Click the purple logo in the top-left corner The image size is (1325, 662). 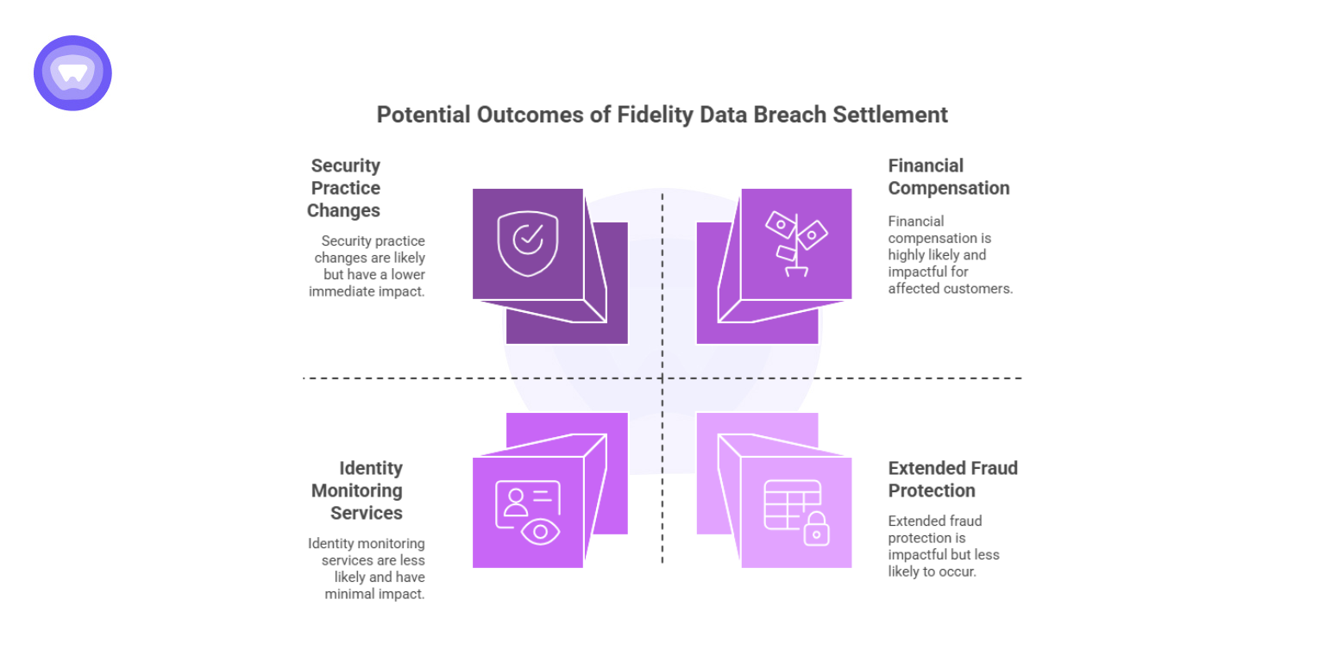point(72,73)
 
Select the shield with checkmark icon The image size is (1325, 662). point(528,244)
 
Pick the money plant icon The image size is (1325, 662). point(796,244)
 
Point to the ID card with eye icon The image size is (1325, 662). point(528,513)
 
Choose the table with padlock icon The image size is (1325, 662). point(796,513)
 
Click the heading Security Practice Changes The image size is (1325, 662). point(344,188)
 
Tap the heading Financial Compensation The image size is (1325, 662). point(948,177)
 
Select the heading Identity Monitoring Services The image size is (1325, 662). point(357,490)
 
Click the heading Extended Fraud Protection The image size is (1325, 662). point(952,479)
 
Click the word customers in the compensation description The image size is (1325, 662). point(979,289)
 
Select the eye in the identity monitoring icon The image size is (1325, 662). point(541,532)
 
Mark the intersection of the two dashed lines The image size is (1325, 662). point(662,378)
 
